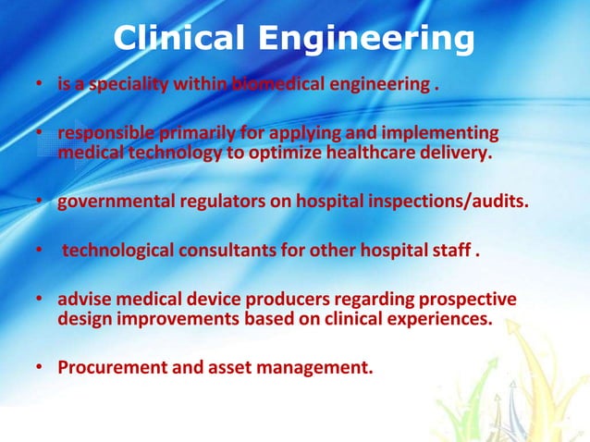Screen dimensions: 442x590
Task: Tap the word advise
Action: click(x=83, y=301)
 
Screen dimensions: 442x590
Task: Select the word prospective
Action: click(x=460, y=301)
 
